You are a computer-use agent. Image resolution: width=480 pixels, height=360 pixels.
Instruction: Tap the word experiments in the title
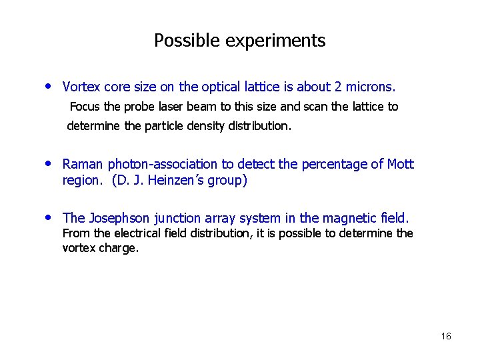click(275, 41)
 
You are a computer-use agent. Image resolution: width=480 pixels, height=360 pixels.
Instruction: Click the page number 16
click(446, 336)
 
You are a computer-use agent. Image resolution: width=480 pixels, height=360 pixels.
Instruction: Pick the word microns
click(370, 87)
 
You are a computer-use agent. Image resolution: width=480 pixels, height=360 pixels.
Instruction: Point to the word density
click(204, 126)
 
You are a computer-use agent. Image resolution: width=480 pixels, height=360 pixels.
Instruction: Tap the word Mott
click(400, 164)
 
